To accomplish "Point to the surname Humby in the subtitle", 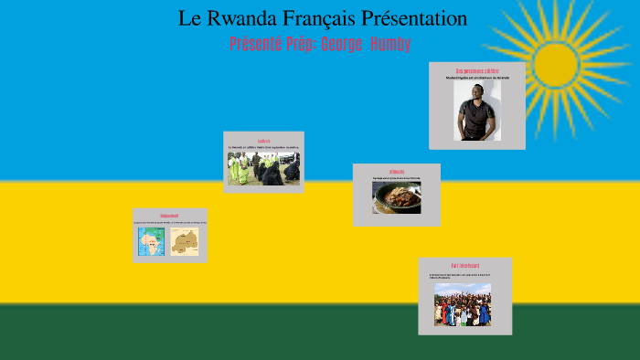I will click(x=390, y=44).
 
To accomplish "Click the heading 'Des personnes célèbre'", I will click(x=477, y=70).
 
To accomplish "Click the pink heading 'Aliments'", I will click(x=396, y=171).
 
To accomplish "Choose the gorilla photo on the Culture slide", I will click(x=263, y=169).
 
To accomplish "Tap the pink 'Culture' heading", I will click(x=263, y=141).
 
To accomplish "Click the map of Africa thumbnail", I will click(x=152, y=241).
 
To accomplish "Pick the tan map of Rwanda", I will click(x=185, y=241).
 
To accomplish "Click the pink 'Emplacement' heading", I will click(x=169, y=216).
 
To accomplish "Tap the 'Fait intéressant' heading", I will click(x=464, y=266).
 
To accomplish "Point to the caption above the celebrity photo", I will click(x=477, y=79).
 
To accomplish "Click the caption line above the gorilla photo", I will click(x=263, y=147).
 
